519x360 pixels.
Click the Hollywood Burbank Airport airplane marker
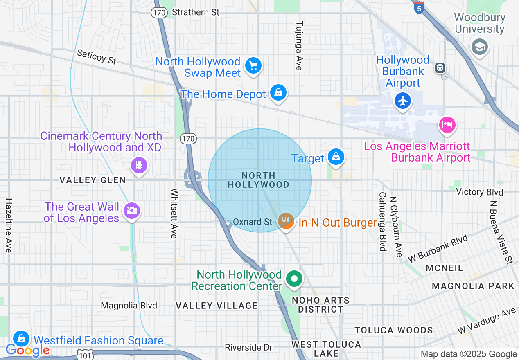(403, 100)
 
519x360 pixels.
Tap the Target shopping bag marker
(336, 157)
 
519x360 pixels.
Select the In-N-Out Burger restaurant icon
(285, 221)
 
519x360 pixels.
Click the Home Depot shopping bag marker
(278, 93)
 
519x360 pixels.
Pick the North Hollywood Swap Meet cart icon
(253, 65)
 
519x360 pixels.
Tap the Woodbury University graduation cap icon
(479, 46)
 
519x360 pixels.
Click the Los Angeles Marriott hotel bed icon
(447, 124)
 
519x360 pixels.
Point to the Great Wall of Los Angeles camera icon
(131, 211)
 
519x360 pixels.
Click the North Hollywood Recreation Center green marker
(293, 279)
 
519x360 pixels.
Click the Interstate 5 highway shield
(418, 7)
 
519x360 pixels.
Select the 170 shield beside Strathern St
(159, 12)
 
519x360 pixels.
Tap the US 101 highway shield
(85, 355)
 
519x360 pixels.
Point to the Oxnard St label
(253, 222)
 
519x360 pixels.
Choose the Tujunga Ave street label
(299, 46)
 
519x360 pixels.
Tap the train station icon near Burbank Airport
(440, 67)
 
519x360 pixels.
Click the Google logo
(27, 351)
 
